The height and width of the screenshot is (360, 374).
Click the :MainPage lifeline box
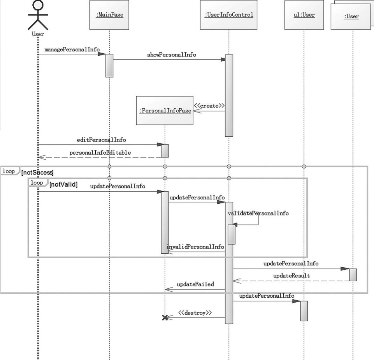pyautogui.click(x=109, y=15)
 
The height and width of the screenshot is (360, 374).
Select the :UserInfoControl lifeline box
pyautogui.click(x=228, y=15)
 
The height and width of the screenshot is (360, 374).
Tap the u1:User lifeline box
pyautogui.click(x=304, y=15)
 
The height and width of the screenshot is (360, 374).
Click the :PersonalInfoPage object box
pyautogui.click(x=165, y=111)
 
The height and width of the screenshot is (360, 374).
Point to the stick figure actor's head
pyautogui.click(x=38, y=6)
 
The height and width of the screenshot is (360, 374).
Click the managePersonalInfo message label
pyautogui.click(x=72, y=50)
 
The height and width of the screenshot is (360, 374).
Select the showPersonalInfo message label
pyautogui.click(x=171, y=55)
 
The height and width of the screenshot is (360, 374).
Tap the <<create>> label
pyautogui.click(x=209, y=106)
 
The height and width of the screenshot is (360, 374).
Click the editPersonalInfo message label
pyautogui.click(x=101, y=139)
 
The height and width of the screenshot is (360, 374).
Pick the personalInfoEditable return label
pyautogui.click(x=100, y=153)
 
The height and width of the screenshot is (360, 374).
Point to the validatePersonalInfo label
pyautogui.click(x=258, y=213)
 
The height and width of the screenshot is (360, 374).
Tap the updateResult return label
pyautogui.click(x=291, y=275)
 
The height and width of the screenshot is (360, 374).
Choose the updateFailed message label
pyautogui.click(x=195, y=284)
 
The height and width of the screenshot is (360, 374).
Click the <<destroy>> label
pyautogui.click(x=195, y=313)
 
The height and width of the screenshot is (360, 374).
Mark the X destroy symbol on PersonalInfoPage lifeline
pyautogui.click(x=165, y=318)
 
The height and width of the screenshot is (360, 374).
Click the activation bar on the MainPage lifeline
pyautogui.click(x=109, y=65)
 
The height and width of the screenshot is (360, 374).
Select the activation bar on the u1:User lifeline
pyautogui.click(x=304, y=311)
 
